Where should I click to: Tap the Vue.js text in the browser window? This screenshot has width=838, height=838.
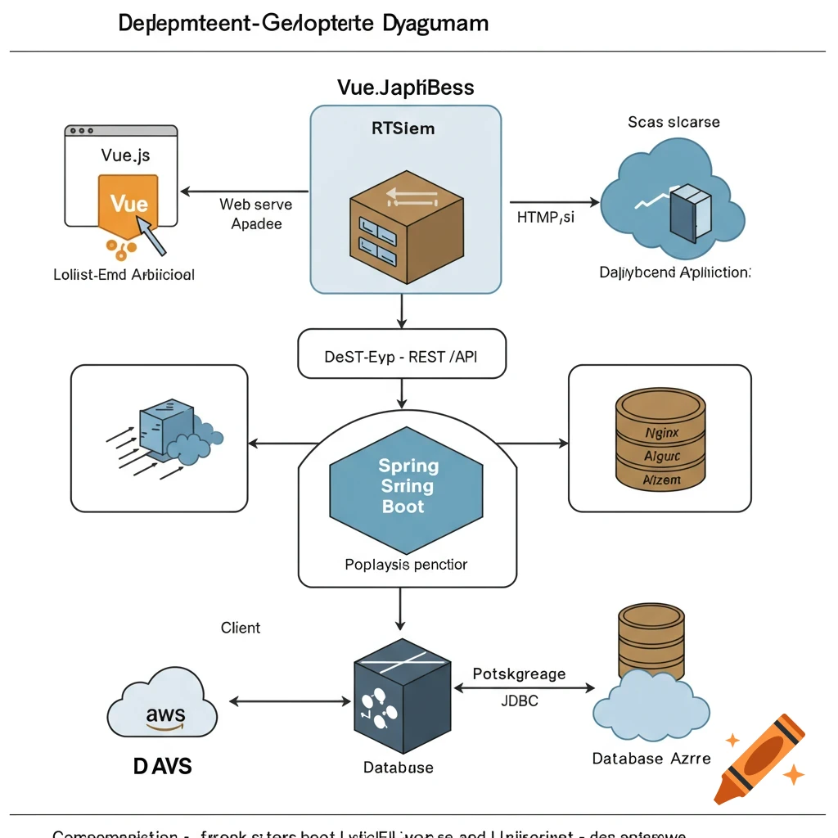(125, 155)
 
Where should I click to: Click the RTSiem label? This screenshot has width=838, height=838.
(403, 128)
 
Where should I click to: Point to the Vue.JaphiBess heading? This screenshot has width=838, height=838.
(405, 87)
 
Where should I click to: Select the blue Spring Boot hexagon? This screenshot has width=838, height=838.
(408, 486)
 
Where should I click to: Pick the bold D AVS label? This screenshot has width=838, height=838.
(162, 766)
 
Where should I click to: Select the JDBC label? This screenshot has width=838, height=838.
(519, 701)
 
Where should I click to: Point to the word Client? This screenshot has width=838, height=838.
(241, 628)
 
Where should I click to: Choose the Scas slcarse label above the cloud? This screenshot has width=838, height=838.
(674, 122)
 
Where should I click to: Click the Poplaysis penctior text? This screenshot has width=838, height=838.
(406, 565)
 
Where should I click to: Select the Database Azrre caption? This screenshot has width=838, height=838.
(651, 759)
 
